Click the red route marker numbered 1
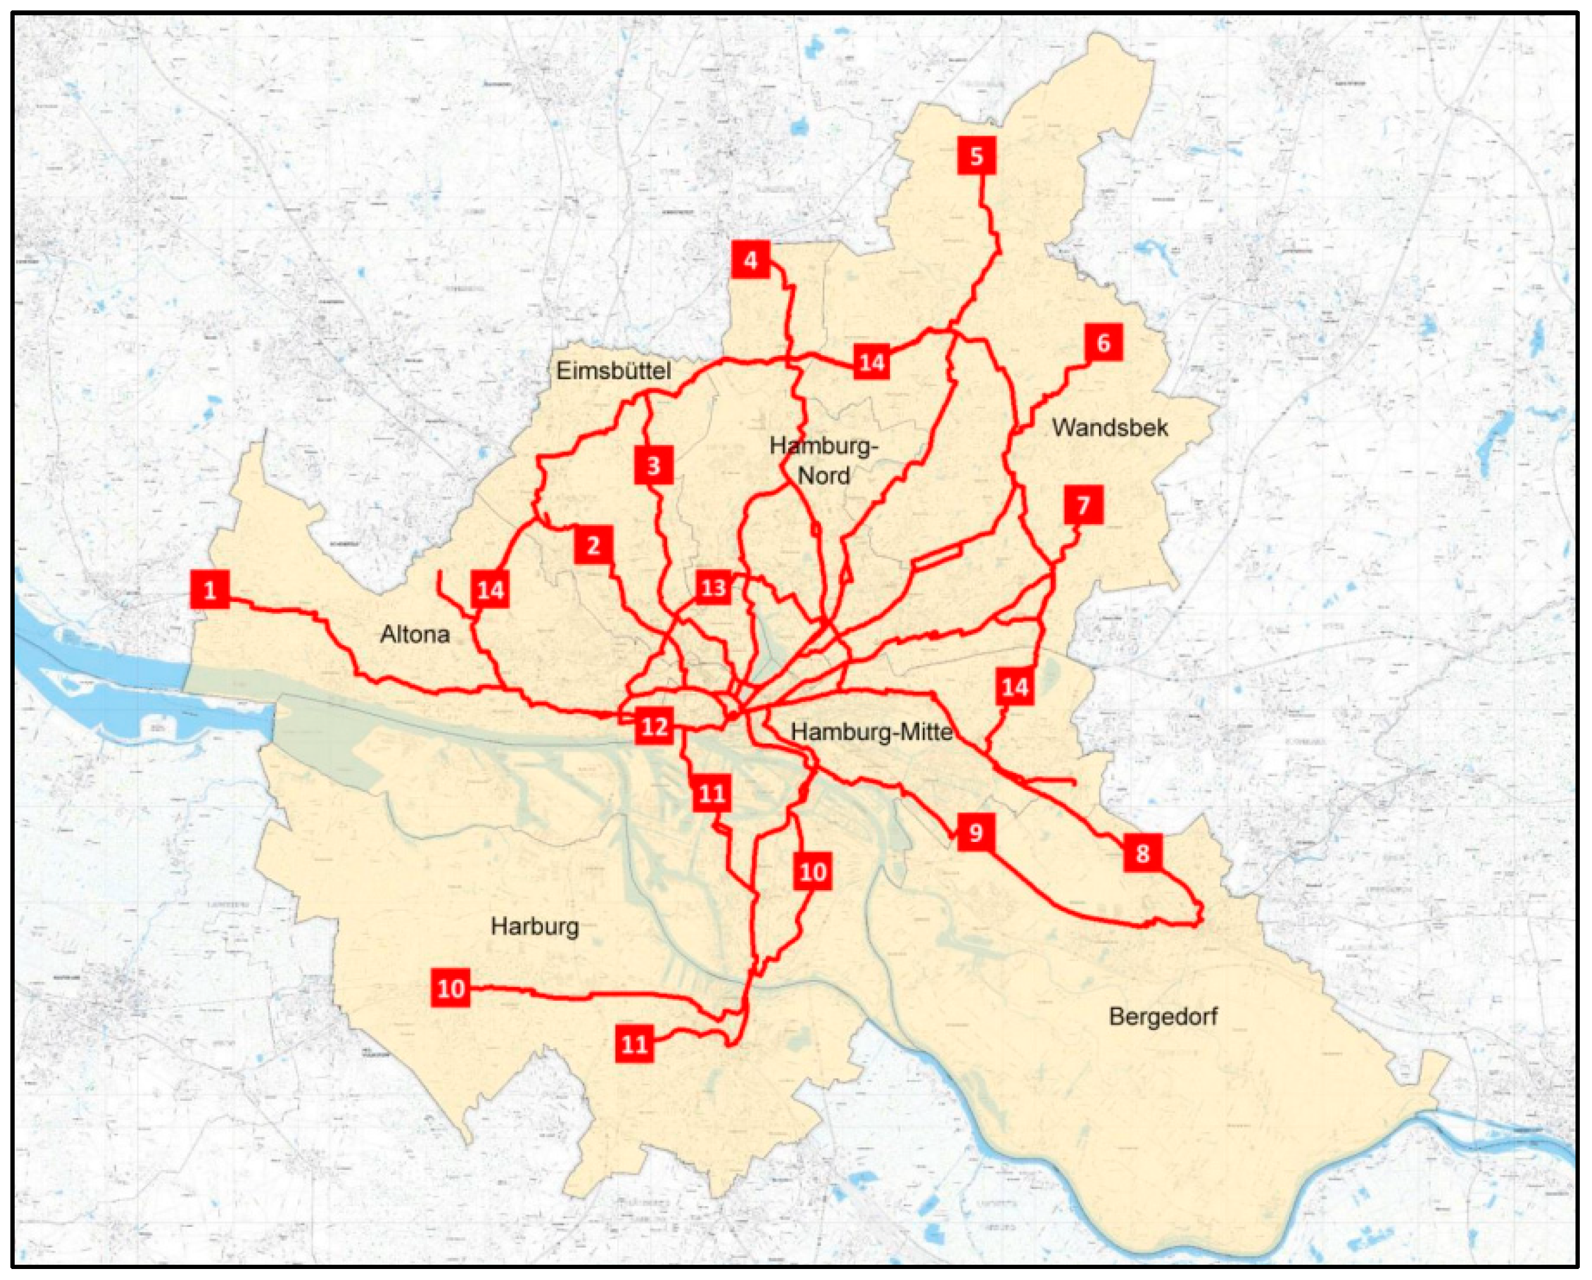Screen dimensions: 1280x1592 point(210,590)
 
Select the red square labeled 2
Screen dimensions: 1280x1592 point(593,545)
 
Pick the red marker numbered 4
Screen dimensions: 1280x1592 point(751,260)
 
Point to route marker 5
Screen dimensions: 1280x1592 point(977,156)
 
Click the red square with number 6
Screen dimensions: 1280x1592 point(1103,343)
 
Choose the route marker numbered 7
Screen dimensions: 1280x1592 point(1083,505)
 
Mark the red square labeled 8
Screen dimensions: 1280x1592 point(1142,853)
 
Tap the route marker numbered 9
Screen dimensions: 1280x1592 point(976,832)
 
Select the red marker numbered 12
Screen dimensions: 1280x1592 point(654,727)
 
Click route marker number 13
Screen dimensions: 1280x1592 point(714,588)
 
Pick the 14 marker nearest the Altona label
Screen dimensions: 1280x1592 point(491,590)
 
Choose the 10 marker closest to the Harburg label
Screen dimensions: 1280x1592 point(451,988)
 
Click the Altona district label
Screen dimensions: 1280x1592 point(415,634)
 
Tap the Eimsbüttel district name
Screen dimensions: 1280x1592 point(613,370)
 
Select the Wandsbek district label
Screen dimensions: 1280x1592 point(1110,427)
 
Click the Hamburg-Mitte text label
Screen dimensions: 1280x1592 point(871,732)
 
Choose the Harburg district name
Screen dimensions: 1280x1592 point(535,926)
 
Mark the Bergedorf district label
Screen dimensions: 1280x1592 point(1163,1016)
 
